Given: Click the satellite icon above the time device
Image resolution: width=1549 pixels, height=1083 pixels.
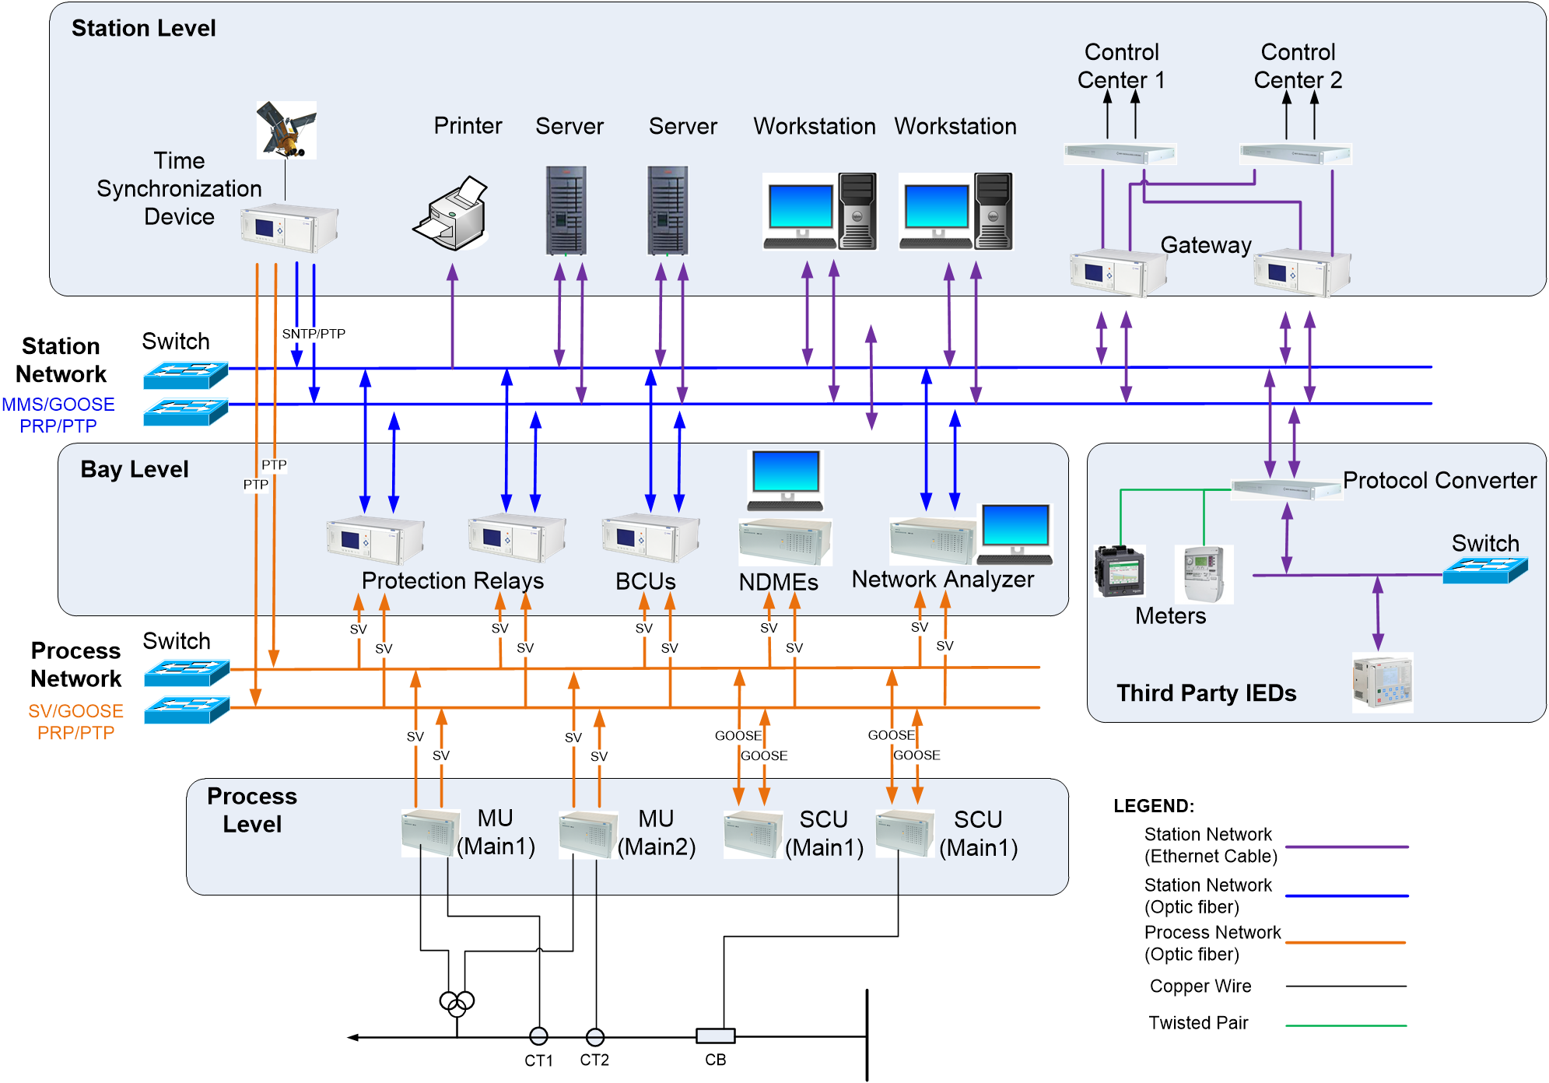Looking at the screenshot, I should pos(286,129).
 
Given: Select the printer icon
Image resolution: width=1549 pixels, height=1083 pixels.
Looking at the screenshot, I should pos(450,213).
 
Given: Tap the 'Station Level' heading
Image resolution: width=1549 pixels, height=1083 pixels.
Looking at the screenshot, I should pos(143,28).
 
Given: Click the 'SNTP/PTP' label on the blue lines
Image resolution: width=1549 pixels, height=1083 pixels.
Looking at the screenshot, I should pos(314,334).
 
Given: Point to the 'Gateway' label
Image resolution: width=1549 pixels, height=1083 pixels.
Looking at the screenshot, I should pos(1205,245).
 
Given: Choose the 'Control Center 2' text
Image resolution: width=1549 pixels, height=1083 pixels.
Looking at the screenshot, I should pos(1298,66).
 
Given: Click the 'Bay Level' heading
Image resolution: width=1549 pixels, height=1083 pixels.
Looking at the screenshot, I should pos(135,469).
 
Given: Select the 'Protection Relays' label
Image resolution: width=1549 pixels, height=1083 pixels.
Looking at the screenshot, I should pos(452,580).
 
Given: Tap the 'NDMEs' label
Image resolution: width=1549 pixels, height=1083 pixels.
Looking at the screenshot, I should pos(778,582).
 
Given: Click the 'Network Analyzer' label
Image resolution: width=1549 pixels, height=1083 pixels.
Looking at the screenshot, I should pos(942,579).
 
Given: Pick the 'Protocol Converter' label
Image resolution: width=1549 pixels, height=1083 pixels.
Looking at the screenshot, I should pos(1439,480).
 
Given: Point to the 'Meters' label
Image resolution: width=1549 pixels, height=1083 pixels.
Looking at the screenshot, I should pos(1170,615).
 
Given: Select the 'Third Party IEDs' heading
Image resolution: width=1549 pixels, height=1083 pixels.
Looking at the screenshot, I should pos(1206,692).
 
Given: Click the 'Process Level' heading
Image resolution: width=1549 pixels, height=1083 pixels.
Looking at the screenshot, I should pos(252,810).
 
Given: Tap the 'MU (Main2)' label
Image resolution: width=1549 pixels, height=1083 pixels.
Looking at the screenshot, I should pos(656,832).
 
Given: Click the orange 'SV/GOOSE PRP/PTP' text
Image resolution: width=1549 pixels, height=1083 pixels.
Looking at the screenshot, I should pos(75,722).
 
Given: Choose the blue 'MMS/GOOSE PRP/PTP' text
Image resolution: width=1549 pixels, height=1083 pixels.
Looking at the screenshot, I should pos(58,415).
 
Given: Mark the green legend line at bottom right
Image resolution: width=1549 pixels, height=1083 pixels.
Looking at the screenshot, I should pos(1346,1025).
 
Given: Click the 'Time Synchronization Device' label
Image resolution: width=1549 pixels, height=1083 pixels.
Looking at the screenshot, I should pos(179,188).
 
